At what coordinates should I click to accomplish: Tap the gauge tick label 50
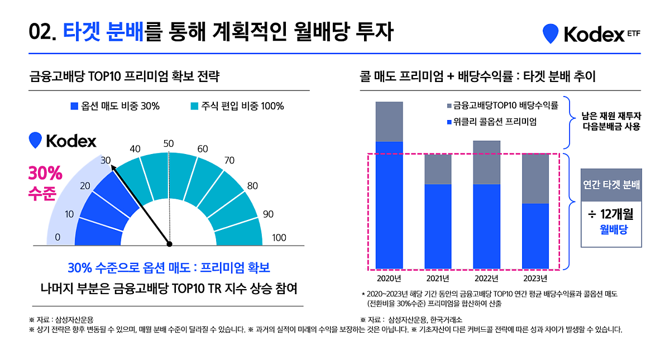[x=169, y=143]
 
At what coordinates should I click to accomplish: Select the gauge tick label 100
[x=279, y=238]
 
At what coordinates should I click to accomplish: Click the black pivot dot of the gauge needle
[x=170, y=244]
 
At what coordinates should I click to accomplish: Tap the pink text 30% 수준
[x=42, y=183]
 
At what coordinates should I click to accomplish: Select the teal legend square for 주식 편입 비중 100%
[x=194, y=106]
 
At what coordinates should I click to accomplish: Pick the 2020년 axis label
[x=389, y=279]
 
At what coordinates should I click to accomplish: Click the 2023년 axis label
[x=535, y=279]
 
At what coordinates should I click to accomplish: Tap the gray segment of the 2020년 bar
[x=389, y=122]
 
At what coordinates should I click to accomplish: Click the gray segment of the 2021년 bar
[x=438, y=169]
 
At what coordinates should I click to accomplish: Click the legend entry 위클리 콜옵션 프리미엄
[x=491, y=121]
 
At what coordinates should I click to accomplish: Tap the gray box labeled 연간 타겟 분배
[x=611, y=185]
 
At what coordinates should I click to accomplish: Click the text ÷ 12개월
[x=611, y=214]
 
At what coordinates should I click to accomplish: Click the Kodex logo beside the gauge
[x=62, y=141]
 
